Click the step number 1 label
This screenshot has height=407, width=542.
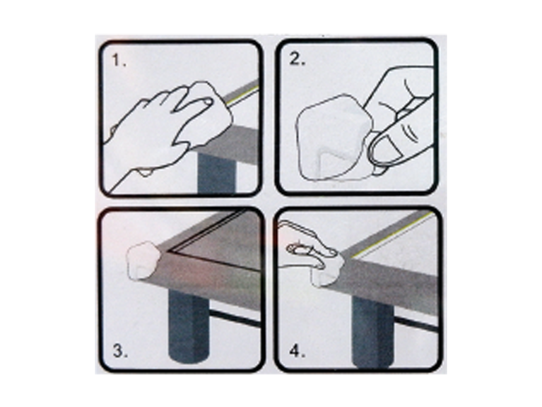(x=119, y=61)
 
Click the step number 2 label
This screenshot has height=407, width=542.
(x=297, y=60)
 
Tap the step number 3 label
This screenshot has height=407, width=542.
(x=120, y=351)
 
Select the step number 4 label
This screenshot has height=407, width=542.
(x=297, y=351)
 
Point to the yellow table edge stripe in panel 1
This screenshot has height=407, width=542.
(x=243, y=94)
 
